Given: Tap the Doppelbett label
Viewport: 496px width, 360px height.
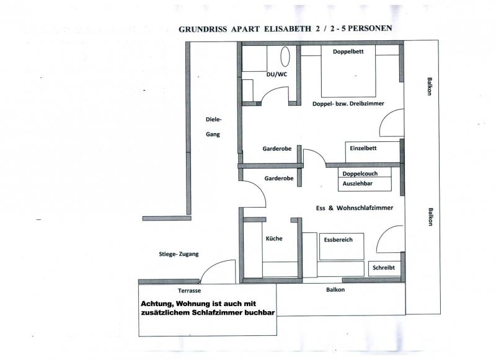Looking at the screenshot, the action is pyautogui.click(x=348, y=51).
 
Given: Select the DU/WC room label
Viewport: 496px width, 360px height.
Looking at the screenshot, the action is pyautogui.click(x=277, y=74).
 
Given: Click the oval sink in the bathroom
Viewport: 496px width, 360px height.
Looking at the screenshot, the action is pyautogui.click(x=285, y=56).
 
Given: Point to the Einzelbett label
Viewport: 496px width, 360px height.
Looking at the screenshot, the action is pyautogui.click(x=363, y=148).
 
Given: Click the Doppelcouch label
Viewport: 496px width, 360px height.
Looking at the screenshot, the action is pyautogui.click(x=360, y=173).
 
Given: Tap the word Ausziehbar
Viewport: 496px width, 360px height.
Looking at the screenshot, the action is pyautogui.click(x=358, y=183).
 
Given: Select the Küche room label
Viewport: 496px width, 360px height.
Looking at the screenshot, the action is pyautogui.click(x=274, y=239).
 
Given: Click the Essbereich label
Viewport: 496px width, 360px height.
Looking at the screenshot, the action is pyautogui.click(x=338, y=240).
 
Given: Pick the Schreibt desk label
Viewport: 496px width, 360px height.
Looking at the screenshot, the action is pyautogui.click(x=383, y=268).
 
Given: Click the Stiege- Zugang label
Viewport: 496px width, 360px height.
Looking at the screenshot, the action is pyautogui.click(x=179, y=254).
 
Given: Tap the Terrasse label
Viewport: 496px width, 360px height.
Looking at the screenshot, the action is pyautogui.click(x=189, y=291).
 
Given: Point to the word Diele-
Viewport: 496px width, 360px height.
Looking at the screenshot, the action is pyautogui.click(x=214, y=120).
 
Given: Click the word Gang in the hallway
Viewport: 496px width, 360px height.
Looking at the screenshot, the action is pyautogui.click(x=213, y=134).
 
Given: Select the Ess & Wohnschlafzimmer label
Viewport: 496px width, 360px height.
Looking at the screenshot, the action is pyautogui.click(x=355, y=208).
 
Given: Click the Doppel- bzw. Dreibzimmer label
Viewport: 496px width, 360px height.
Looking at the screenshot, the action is pyautogui.click(x=348, y=103).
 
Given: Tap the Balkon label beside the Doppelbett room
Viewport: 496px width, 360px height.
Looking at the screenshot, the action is pyautogui.click(x=429, y=86).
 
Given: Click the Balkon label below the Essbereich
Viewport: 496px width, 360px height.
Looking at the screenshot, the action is pyautogui.click(x=335, y=289).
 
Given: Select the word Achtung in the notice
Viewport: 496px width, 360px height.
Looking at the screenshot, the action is pyautogui.click(x=157, y=304).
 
